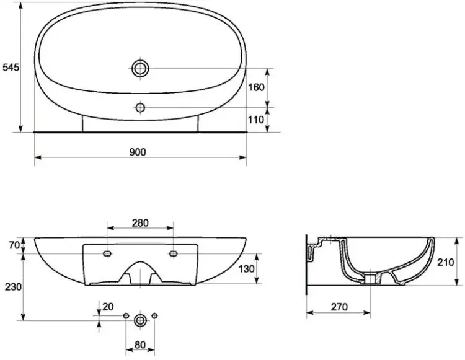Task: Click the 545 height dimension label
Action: click(x=11, y=68)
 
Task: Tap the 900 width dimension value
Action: click(x=138, y=152)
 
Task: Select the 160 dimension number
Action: click(x=256, y=87)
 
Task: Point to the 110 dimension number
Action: click(x=255, y=120)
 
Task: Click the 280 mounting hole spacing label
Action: click(x=140, y=223)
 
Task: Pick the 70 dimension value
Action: click(x=14, y=245)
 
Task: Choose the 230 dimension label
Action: click(x=13, y=287)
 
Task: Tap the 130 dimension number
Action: click(x=246, y=269)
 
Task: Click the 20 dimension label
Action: click(x=108, y=307)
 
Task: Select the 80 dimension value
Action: click(x=140, y=345)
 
